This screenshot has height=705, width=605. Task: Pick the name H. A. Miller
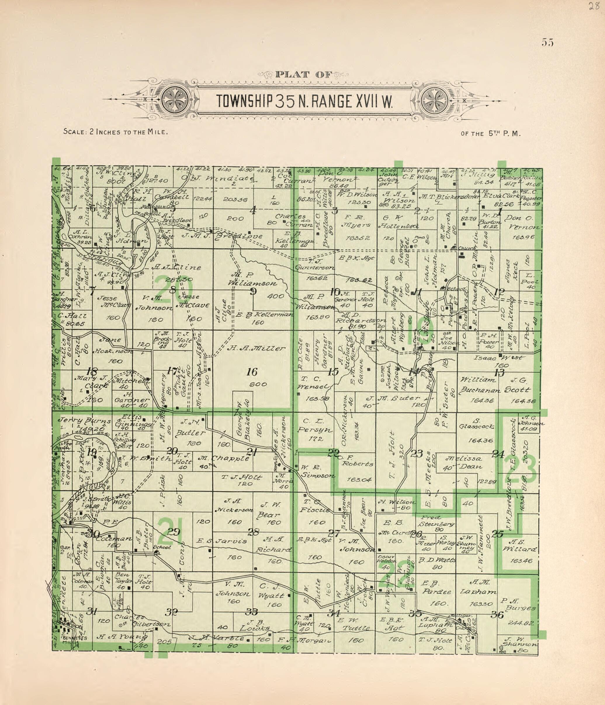256,348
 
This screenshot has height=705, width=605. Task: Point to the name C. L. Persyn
315,425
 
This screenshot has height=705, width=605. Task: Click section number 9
253,291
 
